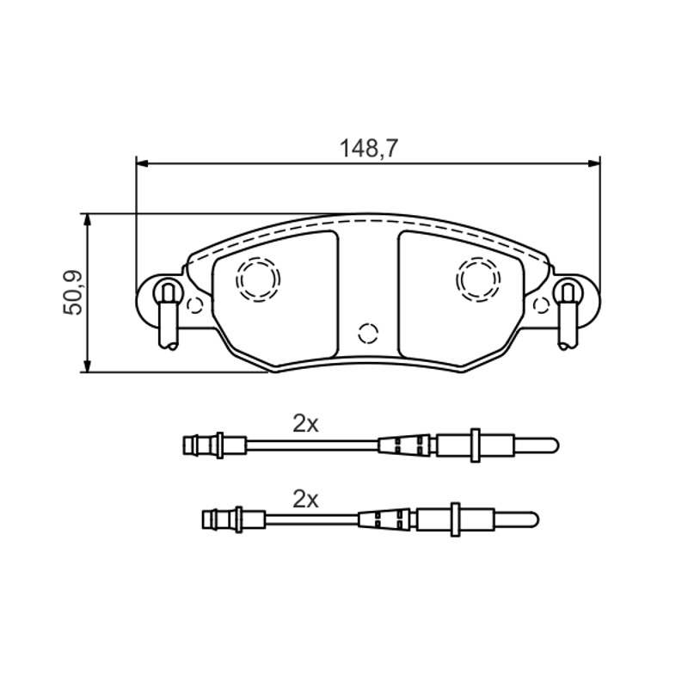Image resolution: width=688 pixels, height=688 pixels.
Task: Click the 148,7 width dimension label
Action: tap(368, 149)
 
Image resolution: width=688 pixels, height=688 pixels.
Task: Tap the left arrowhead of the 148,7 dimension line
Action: tap(142, 163)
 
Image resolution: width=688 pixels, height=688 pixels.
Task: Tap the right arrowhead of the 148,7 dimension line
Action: tap(595, 163)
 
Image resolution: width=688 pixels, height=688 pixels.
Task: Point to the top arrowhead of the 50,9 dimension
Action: tap(89, 219)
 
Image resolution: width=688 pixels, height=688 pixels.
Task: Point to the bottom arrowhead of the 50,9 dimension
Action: tap(89, 367)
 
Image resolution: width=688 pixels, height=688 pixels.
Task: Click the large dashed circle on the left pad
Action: tap(259, 279)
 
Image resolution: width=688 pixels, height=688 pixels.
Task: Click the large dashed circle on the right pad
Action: tap(478, 279)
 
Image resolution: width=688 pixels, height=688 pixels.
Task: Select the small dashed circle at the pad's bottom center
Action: tap(368, 334)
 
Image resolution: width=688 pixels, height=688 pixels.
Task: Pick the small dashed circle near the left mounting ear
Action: tap(194, 305)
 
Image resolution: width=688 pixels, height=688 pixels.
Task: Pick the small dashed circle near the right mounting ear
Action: tap(542, 305)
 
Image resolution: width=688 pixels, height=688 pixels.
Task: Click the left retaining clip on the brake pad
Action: tap(168, 315)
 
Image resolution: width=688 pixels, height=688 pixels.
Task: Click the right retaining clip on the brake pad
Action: tap(568, 315)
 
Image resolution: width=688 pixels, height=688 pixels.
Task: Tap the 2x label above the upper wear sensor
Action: tap(305, 424)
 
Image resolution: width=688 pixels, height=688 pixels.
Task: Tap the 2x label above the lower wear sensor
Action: tap(305, 500)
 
